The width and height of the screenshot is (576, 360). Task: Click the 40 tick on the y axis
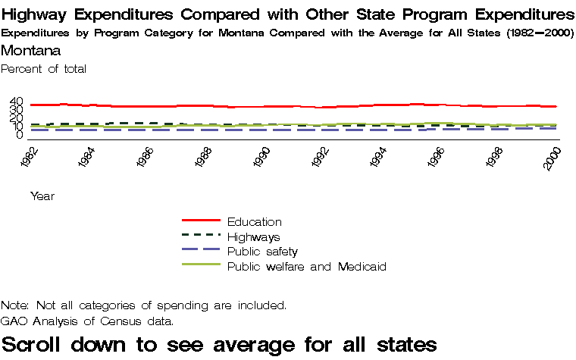click(17, 102)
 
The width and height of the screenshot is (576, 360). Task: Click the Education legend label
click(254, 222)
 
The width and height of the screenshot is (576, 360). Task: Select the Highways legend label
click(254, 237)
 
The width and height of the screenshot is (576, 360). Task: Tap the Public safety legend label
click(262, 252)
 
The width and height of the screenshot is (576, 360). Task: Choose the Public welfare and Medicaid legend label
click(307, 267)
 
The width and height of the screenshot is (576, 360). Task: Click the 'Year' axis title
click(42, 196)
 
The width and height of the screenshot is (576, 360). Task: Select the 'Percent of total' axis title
click(44, 69)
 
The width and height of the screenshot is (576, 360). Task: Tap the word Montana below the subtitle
click(31, 51)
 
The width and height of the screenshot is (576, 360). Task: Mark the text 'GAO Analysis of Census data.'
click(87, 321)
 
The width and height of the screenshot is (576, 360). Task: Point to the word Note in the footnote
click(14, 305)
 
